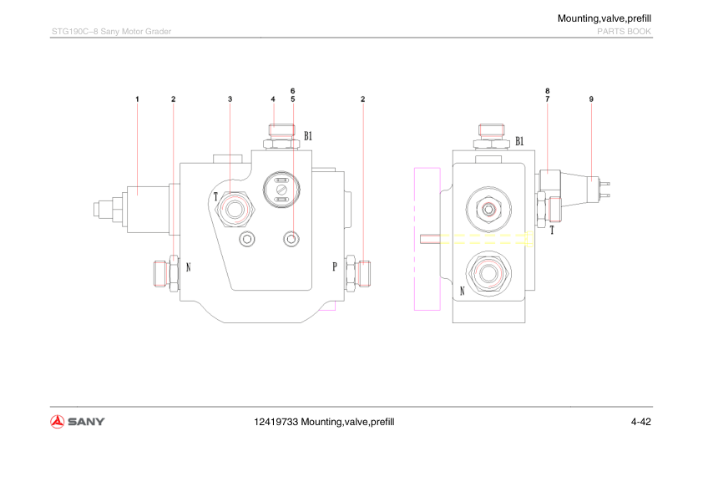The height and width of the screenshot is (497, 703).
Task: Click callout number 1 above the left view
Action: pos(137,99)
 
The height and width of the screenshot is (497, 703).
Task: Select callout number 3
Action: pos(230,99)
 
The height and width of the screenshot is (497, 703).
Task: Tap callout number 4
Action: pos(273,99)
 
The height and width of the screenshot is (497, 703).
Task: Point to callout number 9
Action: pos(591,99)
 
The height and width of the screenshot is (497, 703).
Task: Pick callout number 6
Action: pos(293,90)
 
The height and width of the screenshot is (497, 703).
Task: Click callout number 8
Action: pos(548,90)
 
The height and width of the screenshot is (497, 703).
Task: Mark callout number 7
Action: pos(548,99)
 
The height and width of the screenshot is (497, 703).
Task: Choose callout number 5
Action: pos(293,99)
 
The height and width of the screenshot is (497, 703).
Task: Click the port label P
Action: pos(335,267)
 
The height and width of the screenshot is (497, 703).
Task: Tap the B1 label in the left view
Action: pos(308,135)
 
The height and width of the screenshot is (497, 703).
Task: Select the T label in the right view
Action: pos(552,231)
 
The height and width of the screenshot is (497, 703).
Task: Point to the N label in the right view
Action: pos(462,291)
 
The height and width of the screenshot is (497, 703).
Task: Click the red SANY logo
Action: pos(78,421)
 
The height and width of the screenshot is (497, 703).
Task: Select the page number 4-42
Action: pos(641,422)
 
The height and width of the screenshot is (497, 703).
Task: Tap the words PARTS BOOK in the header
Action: pos(623,32)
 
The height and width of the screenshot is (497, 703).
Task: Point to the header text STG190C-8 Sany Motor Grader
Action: pos(111,32)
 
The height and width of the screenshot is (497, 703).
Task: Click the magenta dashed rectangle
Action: pos(427,239)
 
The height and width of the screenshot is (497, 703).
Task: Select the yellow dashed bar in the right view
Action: pos(484,240)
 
